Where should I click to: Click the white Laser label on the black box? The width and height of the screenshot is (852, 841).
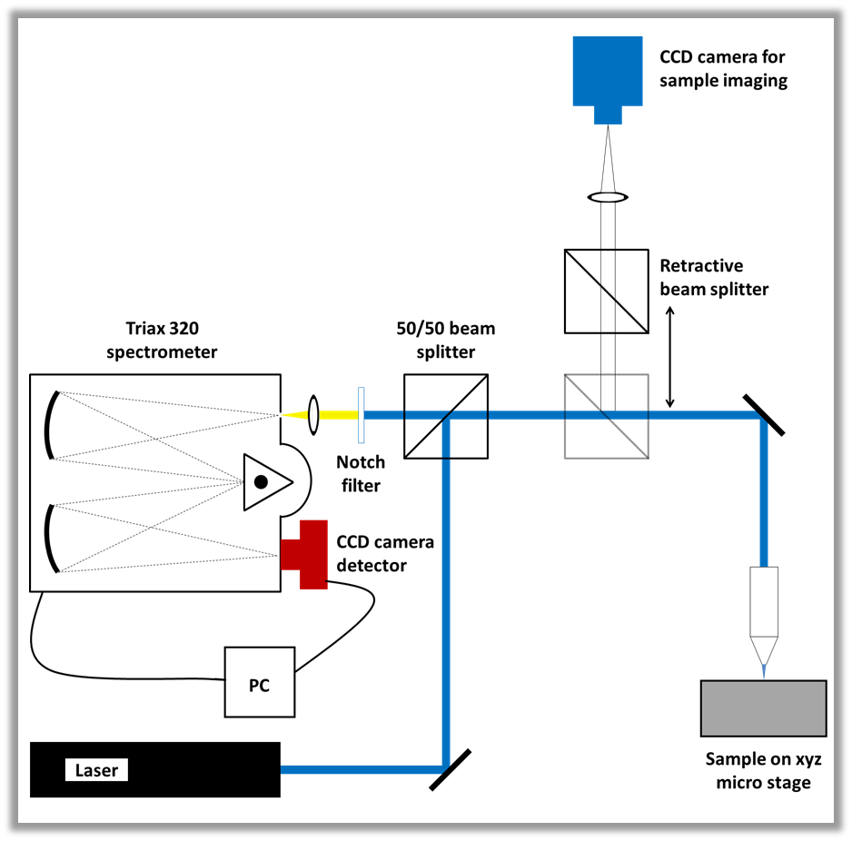(96, 771)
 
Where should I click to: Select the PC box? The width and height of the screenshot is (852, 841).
(260, 682)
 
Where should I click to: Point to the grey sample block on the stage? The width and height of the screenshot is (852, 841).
(763, 707)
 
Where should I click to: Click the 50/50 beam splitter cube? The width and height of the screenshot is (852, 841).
(445, 415)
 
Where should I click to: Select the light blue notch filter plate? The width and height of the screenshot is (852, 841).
(362, 415)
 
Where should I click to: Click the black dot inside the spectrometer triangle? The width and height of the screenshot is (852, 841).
(261, 481)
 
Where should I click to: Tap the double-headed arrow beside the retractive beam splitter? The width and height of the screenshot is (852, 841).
(670, 357)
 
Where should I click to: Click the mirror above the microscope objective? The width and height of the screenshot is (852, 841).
(763, 415)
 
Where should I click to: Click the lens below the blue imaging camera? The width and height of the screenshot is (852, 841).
(608, 197)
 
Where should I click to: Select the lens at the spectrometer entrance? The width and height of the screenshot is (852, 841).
(314, 415)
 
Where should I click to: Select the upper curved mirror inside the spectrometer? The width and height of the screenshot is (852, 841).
(54, 424)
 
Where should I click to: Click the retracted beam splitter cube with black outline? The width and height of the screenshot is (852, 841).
(606, 290)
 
